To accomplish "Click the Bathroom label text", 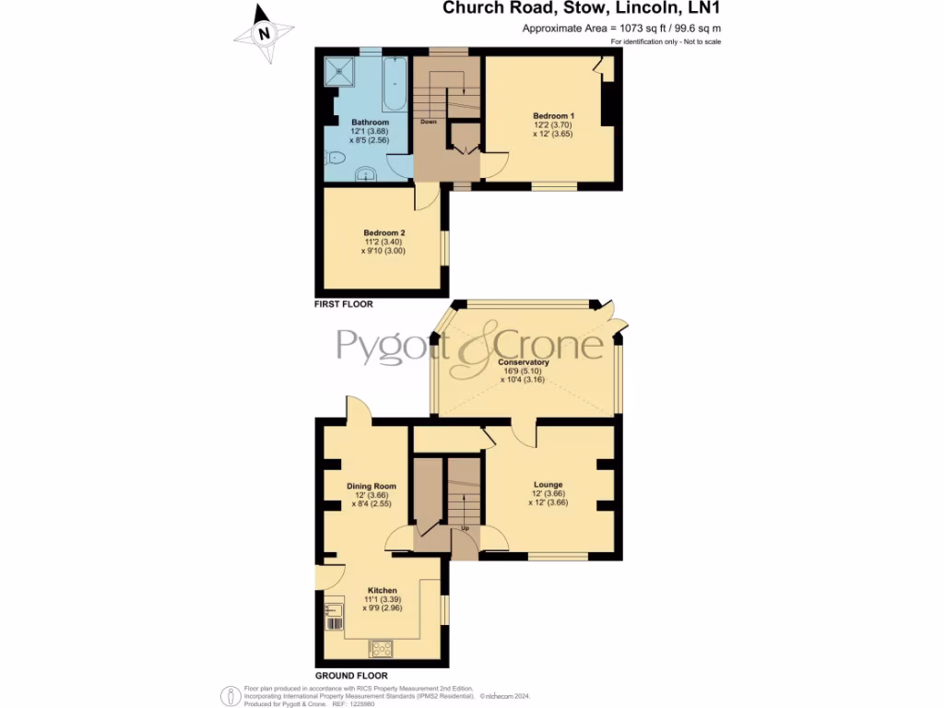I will point(370,123).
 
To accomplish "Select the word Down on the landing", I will point(428,122).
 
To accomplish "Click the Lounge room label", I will point(548,485).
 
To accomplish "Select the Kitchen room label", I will point(383,590).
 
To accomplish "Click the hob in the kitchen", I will point(380,648).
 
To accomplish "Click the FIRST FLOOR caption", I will point(344,303).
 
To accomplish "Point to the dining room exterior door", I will point(359,410).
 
